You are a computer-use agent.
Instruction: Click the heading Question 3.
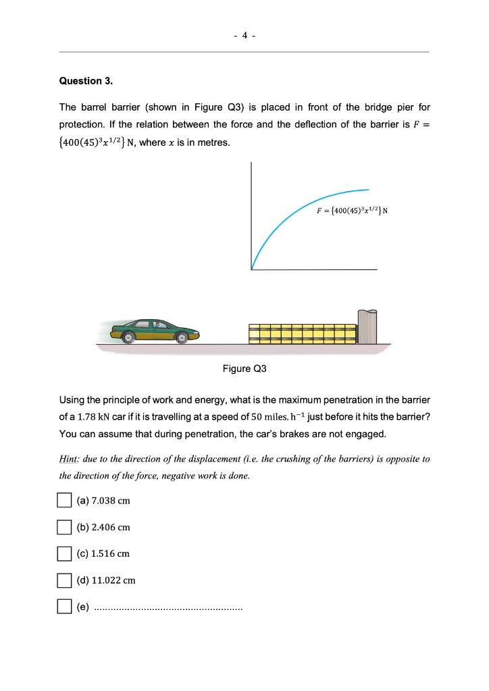point(86,81)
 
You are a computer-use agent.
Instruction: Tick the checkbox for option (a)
point(63,501)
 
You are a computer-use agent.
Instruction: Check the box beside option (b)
point(63,526)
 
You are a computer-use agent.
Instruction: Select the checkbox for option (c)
point(63,553)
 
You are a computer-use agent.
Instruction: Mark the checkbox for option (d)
point(63,580)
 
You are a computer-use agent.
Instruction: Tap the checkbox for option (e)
point(63,606)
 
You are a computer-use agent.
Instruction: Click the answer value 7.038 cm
point(112,501)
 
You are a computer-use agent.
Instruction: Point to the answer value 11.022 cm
point(115,580)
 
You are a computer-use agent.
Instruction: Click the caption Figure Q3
point(244,368)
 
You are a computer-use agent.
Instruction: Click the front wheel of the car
point(181,338)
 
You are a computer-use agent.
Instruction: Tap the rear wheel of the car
point(126,338)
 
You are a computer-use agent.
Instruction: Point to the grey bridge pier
point(367,327)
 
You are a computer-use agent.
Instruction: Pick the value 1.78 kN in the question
point(90,416)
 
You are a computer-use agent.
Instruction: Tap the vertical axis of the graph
point(251,216)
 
